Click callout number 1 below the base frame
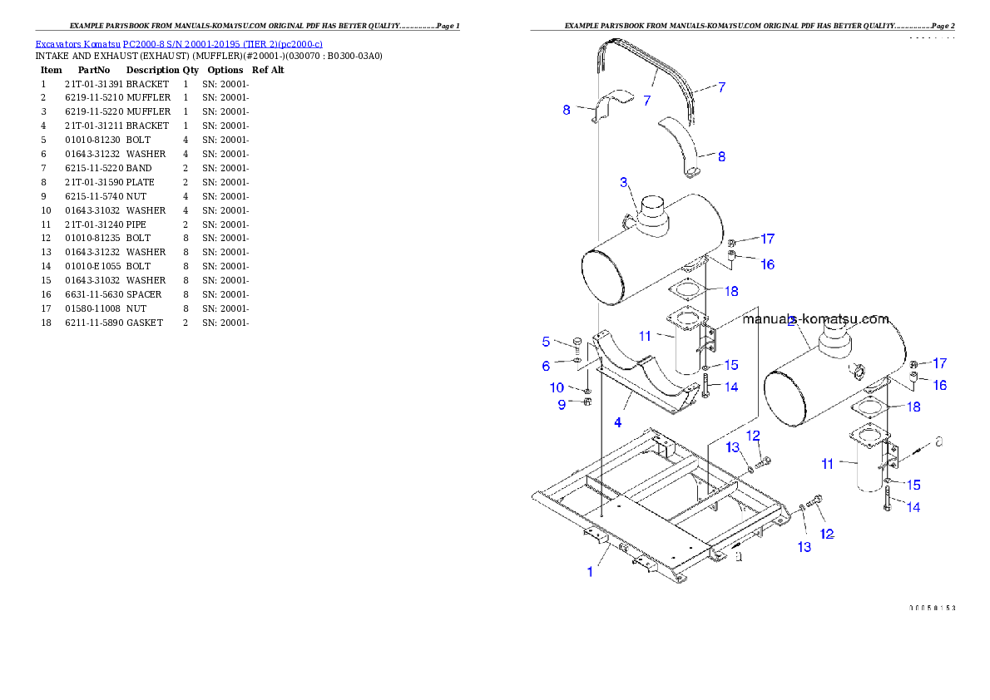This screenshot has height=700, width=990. (x=591, y=572)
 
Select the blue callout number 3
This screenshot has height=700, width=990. (x=623, y=182)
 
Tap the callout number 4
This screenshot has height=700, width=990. (x=617, y=422)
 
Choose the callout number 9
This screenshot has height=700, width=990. (x=562, y=404)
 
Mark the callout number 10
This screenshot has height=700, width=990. (x=557, y=387)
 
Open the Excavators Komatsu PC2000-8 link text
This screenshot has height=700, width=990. (x=179, y=43)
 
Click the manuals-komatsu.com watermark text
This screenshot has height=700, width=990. (x=815, y=318)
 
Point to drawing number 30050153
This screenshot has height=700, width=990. (x=932, y=608)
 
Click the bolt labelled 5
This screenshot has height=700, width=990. (x=577, y=343)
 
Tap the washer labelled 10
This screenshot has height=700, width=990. (x=587, y=389)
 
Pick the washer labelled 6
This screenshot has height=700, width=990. (x=577, y=359)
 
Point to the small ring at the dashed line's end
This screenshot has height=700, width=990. (x=938, y=441)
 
